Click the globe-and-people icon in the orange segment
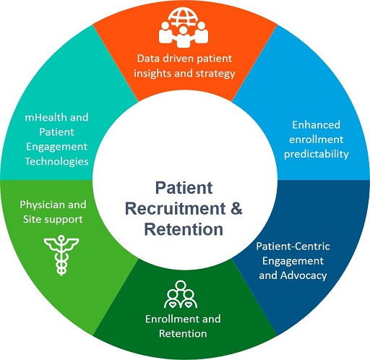(184, 27)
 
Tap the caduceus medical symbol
(61, 255)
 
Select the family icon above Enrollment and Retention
(181, 294)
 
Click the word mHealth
(46, 117)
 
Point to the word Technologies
(56, 162)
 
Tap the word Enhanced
(316, 125)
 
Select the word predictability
(317, 155)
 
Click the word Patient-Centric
(293, 247)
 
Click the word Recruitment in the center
(176, 208)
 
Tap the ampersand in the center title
(236, 208)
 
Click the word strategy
(215, 74)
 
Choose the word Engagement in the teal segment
(56, 147)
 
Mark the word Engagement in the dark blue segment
(293, 261)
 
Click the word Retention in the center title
(184, 229)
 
